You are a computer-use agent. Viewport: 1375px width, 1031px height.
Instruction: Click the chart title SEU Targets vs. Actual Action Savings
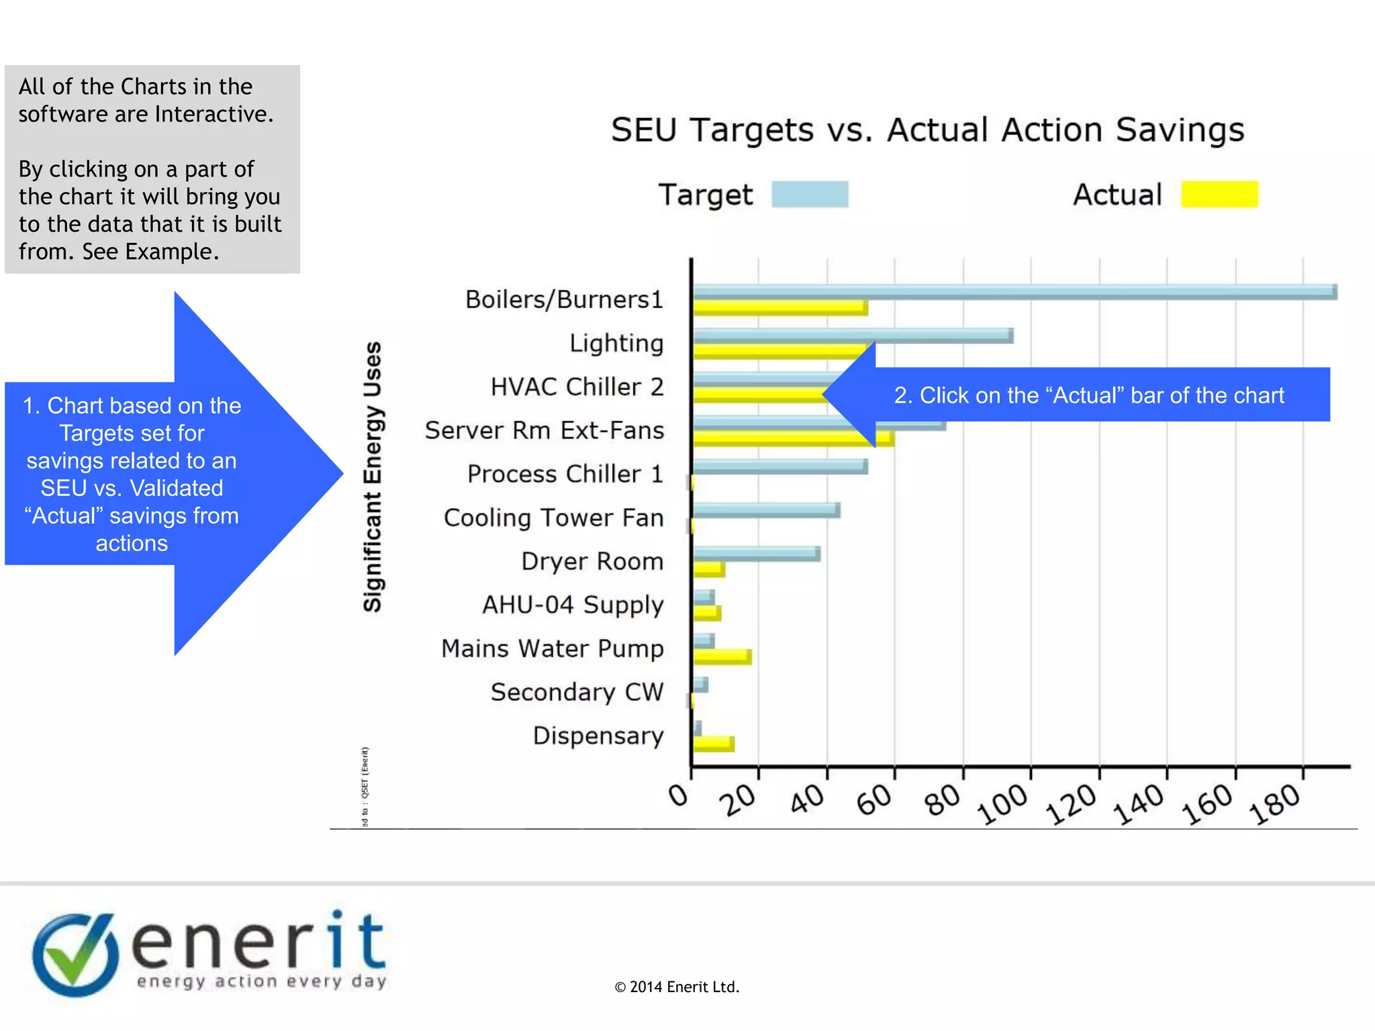point(927,130)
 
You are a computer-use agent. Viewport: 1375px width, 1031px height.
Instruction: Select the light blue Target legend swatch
point(810,195)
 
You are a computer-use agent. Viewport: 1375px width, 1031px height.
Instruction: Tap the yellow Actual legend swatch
point(1219,195)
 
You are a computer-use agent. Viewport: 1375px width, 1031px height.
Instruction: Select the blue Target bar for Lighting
point(853,336)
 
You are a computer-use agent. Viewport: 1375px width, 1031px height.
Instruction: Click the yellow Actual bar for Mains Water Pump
point(722,656)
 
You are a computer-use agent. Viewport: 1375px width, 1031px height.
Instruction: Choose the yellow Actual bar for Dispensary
point(714,744)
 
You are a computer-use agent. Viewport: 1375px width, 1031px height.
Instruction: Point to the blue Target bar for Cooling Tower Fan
point(766,510)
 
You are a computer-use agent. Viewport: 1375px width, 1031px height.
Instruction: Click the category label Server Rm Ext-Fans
point(544,430)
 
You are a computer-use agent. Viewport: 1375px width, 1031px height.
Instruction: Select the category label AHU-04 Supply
point(573,605)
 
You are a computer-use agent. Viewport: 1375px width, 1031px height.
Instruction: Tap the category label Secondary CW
point(577,692)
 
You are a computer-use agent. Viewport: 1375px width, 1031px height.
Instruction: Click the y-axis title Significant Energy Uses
point(373,477)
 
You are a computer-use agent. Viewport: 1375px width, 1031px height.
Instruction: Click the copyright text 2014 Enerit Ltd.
point(677,987)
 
